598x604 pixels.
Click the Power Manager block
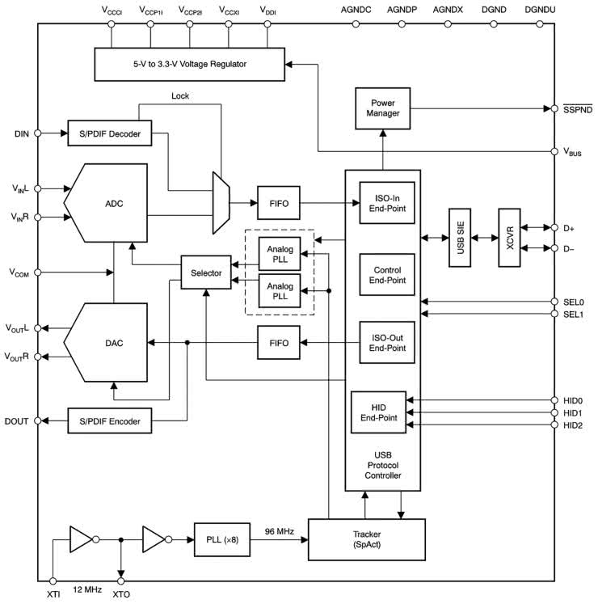[383, 108]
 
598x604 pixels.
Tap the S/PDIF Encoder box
[109, 421]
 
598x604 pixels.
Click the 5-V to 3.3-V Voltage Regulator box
[190, 64]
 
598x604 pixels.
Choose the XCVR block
[511, 238]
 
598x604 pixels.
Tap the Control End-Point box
[382, 275]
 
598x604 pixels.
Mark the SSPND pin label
[577, 108]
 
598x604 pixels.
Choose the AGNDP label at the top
[402, 11]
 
